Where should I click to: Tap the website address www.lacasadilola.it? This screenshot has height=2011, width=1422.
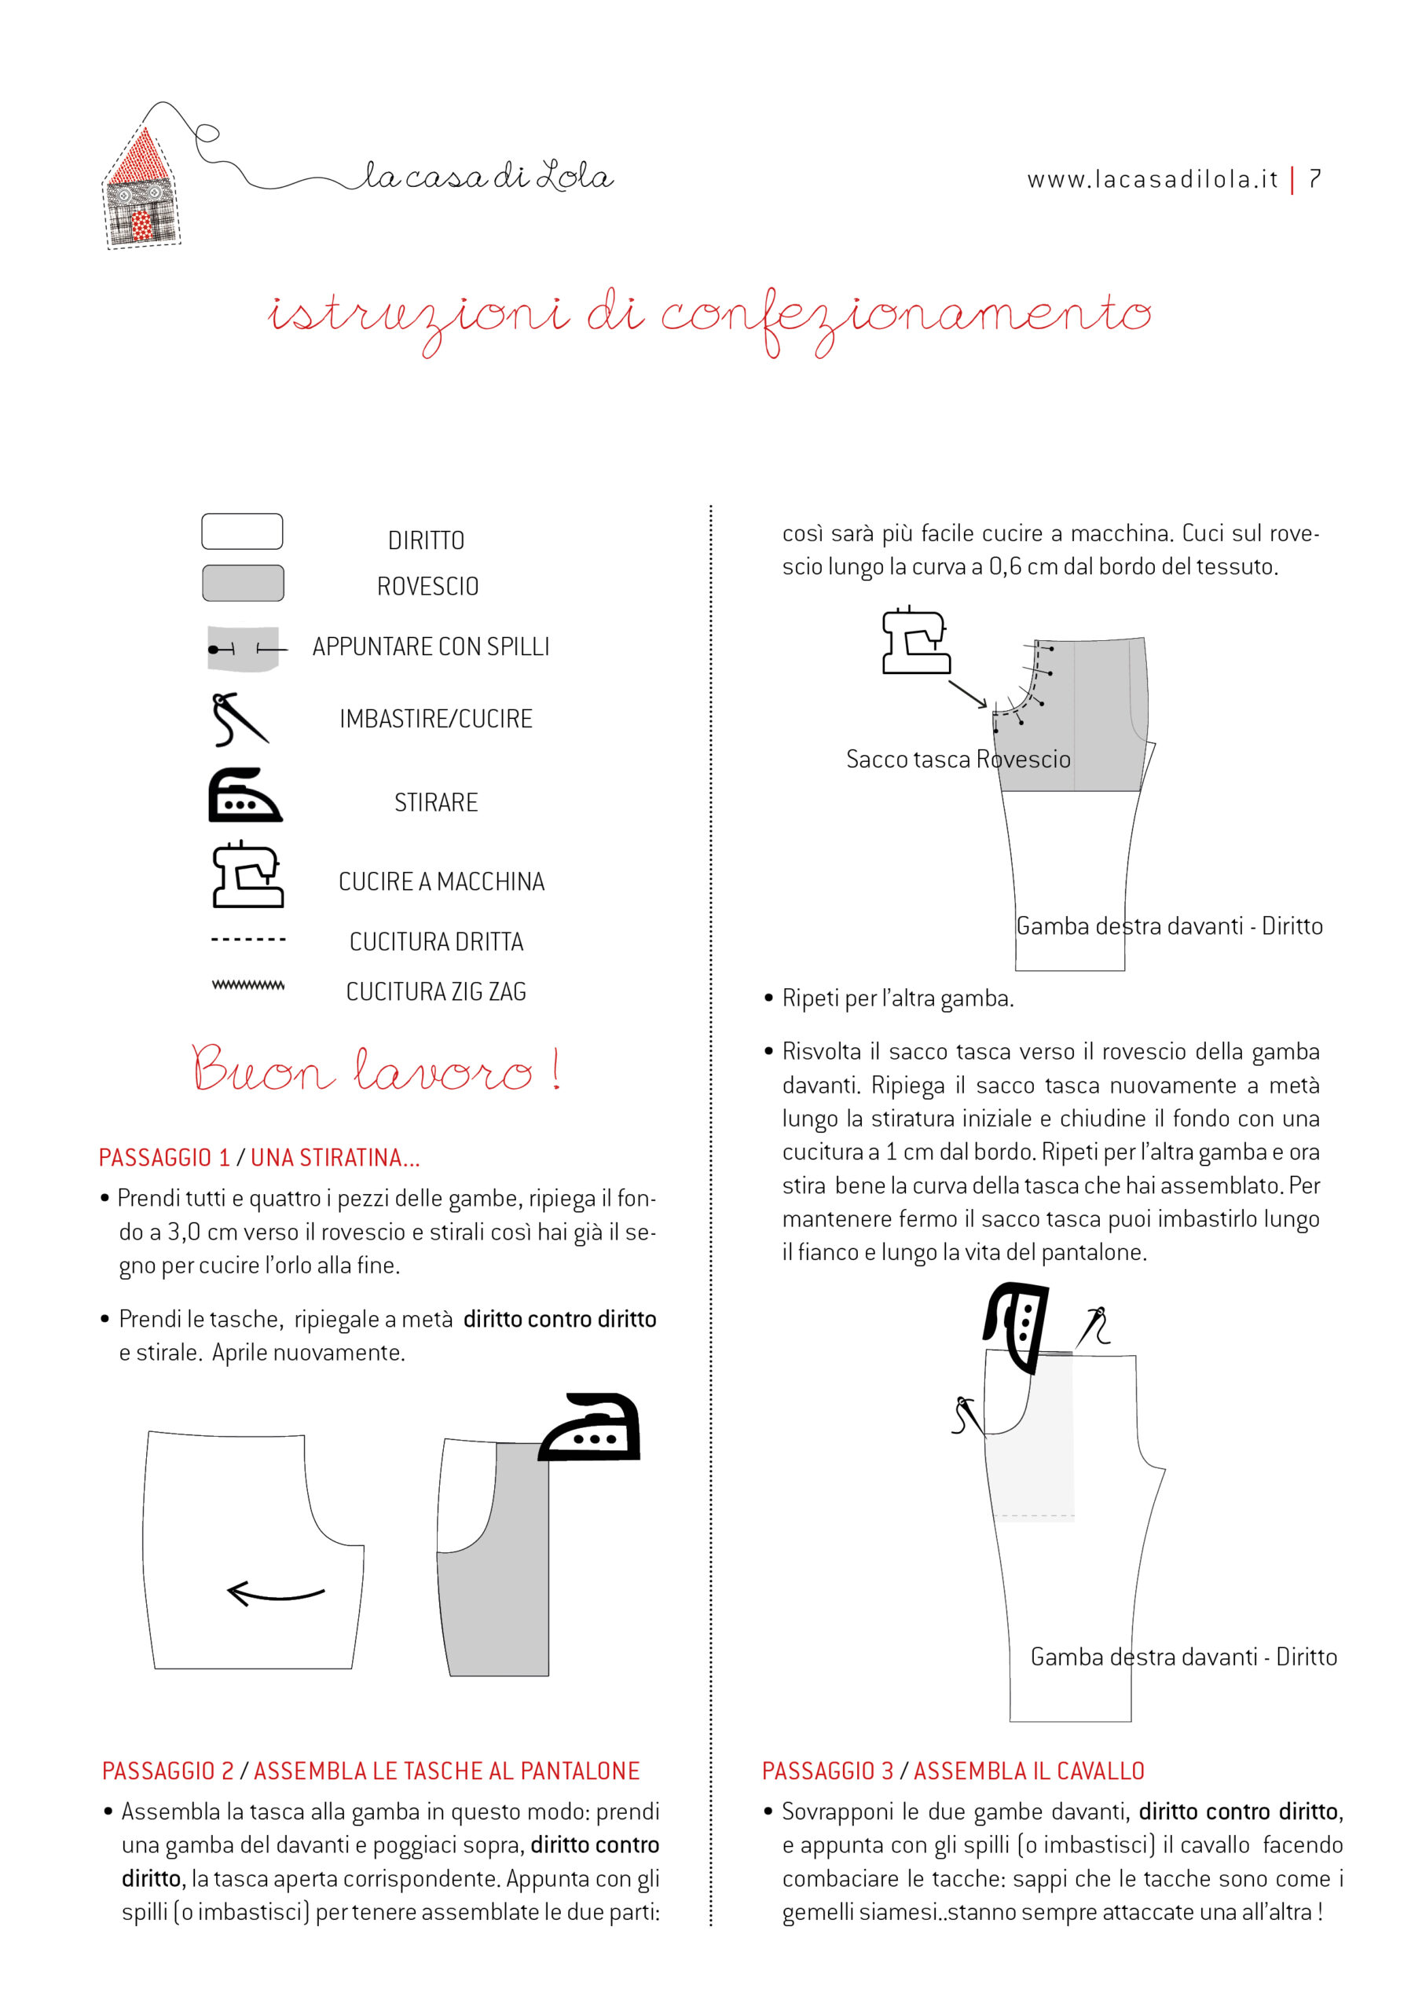(1153, 180)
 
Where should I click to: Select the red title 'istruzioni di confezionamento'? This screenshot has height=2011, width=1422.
(709, 317)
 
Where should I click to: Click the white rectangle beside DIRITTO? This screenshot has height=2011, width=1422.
(242, 532)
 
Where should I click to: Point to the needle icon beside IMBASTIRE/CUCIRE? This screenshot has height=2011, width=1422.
(237, 719)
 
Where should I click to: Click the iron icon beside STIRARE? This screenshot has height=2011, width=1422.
(244, 797)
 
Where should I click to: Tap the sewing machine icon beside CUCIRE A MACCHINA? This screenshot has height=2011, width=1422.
(247, 875)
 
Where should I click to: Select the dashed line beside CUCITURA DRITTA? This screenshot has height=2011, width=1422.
(248, 940)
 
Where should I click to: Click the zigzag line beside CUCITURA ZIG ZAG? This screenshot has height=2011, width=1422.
(248, 985)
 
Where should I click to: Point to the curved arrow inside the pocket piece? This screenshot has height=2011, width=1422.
(275, 1593)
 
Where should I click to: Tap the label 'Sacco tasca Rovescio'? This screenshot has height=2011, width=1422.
(958, 760)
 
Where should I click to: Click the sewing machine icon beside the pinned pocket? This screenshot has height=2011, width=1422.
(914, 641)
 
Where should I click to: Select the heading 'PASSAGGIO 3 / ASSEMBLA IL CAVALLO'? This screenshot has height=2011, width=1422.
(952, 1771)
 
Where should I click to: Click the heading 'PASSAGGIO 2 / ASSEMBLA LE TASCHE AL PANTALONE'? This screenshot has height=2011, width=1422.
(371, 1771)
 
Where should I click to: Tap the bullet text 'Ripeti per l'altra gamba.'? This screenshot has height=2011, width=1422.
(897, 998)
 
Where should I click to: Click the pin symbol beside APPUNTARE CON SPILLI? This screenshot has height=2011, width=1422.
(244, 649)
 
